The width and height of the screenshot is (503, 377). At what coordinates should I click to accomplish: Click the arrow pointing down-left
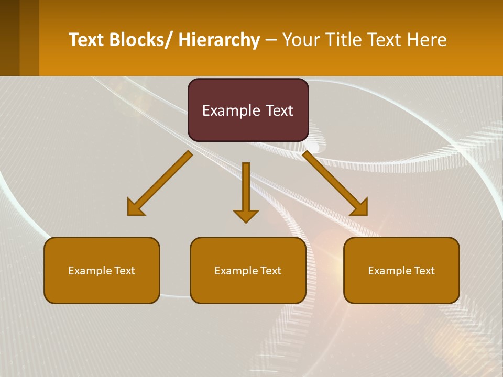[160, 184]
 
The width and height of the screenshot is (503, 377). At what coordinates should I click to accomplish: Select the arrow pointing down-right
[335, 183]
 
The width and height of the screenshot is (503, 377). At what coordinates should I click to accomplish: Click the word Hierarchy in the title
[219, 40]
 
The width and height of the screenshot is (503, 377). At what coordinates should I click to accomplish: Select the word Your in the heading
[301, 40]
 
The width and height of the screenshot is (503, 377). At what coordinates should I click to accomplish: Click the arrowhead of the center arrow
[246, 215]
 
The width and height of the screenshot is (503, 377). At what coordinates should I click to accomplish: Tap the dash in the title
[271, 40]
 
